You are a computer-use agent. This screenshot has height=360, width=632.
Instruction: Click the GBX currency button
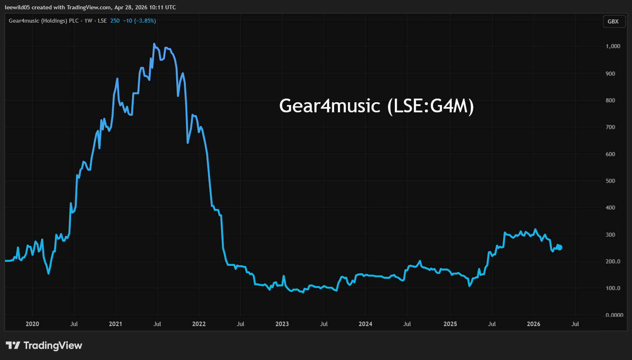point(613,21)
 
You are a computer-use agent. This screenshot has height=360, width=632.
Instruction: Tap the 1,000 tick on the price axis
point(613,46)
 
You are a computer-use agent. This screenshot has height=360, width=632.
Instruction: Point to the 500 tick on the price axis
point(610,181)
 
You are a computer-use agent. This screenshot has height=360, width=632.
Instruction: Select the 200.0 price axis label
point(613,261)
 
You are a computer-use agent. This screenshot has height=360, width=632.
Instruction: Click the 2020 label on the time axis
point(32,324)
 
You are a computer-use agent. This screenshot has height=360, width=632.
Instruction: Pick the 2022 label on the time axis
point(199,324)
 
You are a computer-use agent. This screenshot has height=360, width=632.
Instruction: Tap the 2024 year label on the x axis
point(365,324)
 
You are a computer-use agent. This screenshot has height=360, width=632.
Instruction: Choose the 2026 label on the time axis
point(533,324)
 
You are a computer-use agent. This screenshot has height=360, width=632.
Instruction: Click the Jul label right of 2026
point(575,324)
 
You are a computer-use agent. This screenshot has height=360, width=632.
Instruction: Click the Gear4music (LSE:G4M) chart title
point(376,106)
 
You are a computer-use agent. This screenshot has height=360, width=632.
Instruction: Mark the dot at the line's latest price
point(560,248)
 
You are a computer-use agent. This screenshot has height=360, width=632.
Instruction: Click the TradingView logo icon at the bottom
point(13,345)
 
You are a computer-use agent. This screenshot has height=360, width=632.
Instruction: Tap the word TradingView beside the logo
point(53,345)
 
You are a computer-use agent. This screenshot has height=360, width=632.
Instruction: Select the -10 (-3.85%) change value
point(139,21)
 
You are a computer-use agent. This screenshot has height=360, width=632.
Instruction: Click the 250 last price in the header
point(115,21)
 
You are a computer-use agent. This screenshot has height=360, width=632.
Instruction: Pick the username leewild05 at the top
point(17,7)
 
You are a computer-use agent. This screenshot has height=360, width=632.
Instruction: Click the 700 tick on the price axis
point(610,127)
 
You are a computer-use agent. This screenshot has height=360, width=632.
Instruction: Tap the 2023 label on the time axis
point(282,324)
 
